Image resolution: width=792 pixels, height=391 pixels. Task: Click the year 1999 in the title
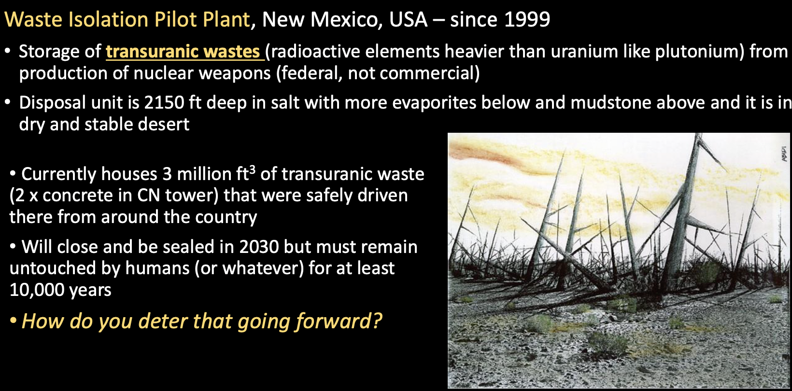click(527, 19)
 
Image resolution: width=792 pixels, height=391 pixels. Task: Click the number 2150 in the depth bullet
click(164, 102)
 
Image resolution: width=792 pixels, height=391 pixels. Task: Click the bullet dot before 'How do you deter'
click(13, 321)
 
